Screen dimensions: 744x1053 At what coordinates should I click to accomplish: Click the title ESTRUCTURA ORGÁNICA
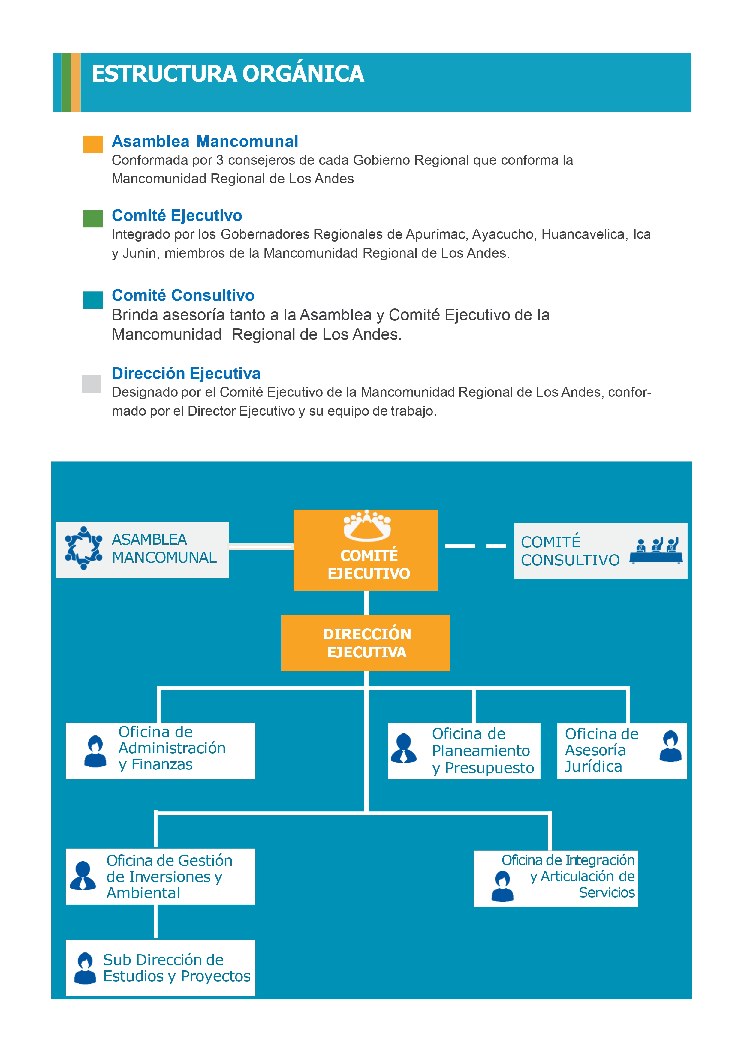[228, 74]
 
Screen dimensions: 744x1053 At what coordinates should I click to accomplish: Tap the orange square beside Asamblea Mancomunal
[93, 144]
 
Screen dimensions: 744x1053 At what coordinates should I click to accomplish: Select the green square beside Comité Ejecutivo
[93, 219]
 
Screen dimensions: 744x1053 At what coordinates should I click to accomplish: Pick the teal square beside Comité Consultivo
[93, 300]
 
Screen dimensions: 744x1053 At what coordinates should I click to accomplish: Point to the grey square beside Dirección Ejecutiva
[92, 384]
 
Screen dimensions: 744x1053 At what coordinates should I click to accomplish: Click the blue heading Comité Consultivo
[183, 295]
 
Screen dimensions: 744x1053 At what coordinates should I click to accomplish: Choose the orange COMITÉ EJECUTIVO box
[366, 550]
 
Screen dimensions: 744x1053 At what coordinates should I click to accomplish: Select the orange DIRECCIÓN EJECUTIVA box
[366, 643]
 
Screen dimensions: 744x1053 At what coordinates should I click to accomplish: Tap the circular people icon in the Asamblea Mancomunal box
[83, 548]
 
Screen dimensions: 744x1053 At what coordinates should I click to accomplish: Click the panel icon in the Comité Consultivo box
[656, 550]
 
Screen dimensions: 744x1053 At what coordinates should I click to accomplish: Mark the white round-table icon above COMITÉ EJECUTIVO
[367, 525]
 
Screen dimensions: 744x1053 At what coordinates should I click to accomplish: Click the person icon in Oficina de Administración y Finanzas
[95, 751]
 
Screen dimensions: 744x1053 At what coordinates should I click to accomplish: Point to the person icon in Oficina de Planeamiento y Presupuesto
[404, 748]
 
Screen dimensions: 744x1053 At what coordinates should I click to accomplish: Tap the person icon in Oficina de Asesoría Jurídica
[670, 746]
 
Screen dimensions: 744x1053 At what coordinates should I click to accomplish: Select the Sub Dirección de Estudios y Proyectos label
[176, 968]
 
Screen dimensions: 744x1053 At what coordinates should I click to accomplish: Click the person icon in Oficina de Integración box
[502, 886]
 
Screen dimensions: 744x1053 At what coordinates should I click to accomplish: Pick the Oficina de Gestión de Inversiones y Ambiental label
[169, 877]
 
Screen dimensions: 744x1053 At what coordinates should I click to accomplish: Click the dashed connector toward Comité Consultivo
[476, 546]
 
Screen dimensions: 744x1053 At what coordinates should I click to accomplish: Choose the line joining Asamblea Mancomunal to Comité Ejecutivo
[261, 546]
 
